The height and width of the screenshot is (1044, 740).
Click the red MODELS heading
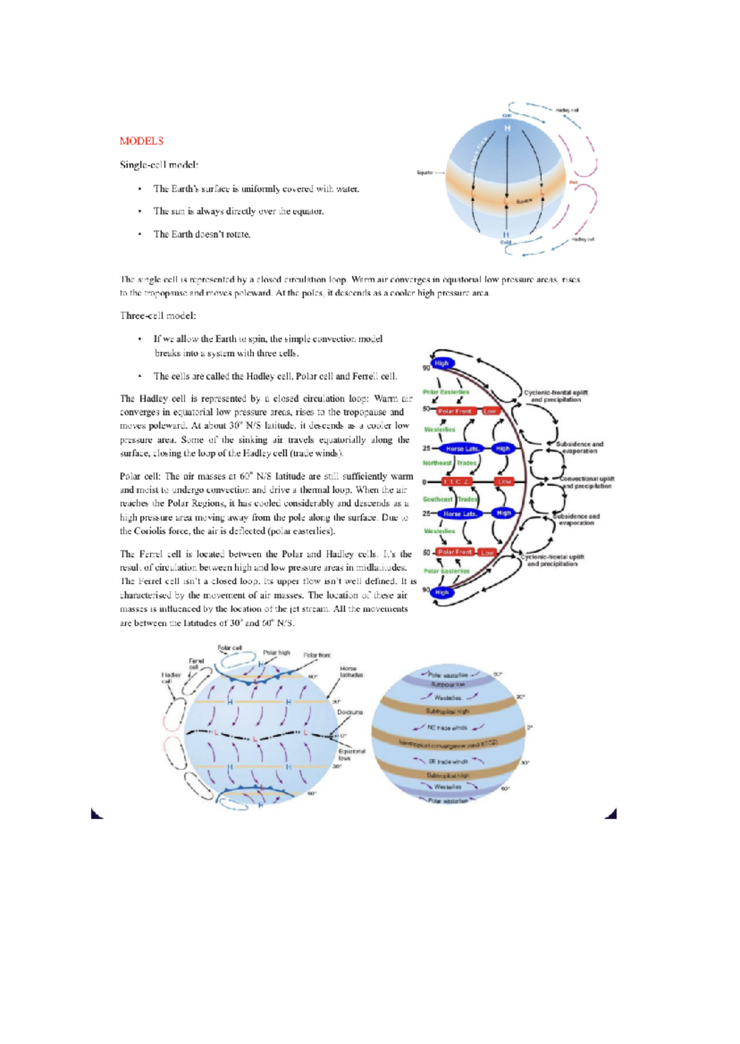(141, 141)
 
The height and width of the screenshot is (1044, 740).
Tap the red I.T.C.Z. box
(457, 481)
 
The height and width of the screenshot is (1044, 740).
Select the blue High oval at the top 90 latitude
(442, 364)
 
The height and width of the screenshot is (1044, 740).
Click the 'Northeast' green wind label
(437, 463)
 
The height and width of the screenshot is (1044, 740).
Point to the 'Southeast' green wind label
(438, 499)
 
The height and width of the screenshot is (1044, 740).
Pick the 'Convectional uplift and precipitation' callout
(586, 482)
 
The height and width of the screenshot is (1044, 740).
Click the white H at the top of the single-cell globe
(508, 128)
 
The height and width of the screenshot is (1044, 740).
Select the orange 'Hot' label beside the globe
(573, 182)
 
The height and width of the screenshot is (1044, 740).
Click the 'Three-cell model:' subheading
(158, 316)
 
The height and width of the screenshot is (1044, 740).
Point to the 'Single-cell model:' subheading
(159, 165)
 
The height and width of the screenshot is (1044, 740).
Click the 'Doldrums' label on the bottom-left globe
(350, 712)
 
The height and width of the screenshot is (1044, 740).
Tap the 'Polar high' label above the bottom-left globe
(276, 652)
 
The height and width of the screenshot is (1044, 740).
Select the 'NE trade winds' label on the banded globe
(447, 728)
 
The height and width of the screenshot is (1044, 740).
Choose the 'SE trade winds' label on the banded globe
(448, 762)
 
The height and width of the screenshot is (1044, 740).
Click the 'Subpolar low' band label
(448, 684)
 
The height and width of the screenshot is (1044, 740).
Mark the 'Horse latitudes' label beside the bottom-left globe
(351, 671)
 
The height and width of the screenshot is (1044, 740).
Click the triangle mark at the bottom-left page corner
(96, 814)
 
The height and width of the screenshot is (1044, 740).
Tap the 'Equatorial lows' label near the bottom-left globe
(351, 754)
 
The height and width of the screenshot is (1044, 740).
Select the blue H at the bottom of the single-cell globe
(506, 235)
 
